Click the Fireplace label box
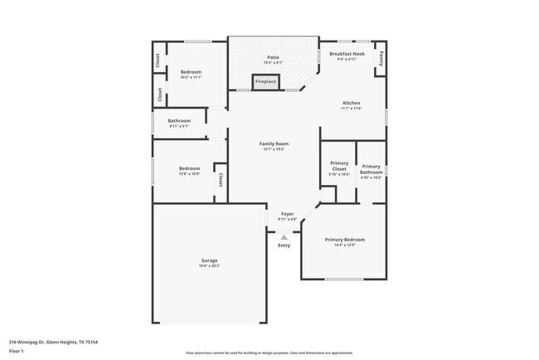click(266, 81)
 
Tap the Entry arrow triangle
click(284, 237)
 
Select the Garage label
click(209, 260)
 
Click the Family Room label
click(274, 144)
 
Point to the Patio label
click(273, 57)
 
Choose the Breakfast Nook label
click(347, 54)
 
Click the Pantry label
click(381, 58)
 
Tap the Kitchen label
click(352, 103)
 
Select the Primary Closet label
click(339, 167)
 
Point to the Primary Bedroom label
click(344, 239)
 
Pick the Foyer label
click(287, 214)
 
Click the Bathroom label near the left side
click(180, 120)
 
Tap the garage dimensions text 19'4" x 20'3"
click(209, 266)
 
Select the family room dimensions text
click(274, 149)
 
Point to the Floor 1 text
click(17, 351)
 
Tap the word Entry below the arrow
click(284, 245)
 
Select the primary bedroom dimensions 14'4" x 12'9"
click(344, 245)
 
